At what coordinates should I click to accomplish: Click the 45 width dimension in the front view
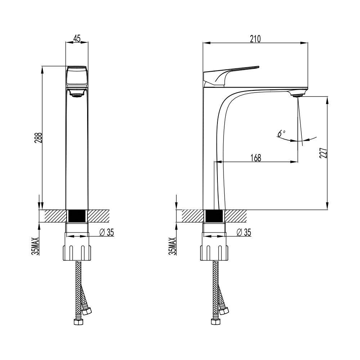point(77,39)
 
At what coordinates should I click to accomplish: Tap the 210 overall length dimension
point(255,39)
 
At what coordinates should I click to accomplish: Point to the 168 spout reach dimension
point(256,158)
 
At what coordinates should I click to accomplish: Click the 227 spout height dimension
point(323,153)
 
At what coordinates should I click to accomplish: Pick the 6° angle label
point(281,133)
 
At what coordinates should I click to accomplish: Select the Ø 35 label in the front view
point(107,233)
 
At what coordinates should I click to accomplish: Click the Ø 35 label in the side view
point(244,233)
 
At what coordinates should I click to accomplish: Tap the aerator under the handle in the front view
point(77,93)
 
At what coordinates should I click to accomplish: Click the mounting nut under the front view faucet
point(77,253)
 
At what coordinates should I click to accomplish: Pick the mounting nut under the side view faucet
point(214,253)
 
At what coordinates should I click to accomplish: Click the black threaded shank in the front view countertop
point(77,216)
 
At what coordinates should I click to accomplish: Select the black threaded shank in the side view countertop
point(214,216)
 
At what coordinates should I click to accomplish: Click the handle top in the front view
point(77,68)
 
